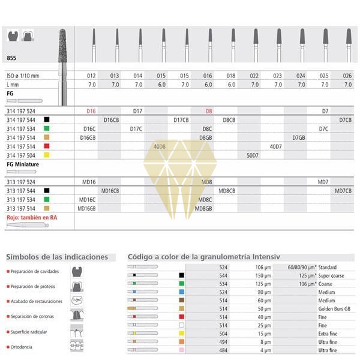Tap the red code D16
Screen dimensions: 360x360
coord(91,111)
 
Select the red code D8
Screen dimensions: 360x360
coord(209,111)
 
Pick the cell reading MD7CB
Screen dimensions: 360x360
coord(343,190)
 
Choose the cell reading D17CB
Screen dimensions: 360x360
coord(181,120)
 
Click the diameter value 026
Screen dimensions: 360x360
coord(347,76)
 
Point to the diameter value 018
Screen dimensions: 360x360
coord(232,76)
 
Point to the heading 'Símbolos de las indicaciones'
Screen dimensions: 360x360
coord(56,257)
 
